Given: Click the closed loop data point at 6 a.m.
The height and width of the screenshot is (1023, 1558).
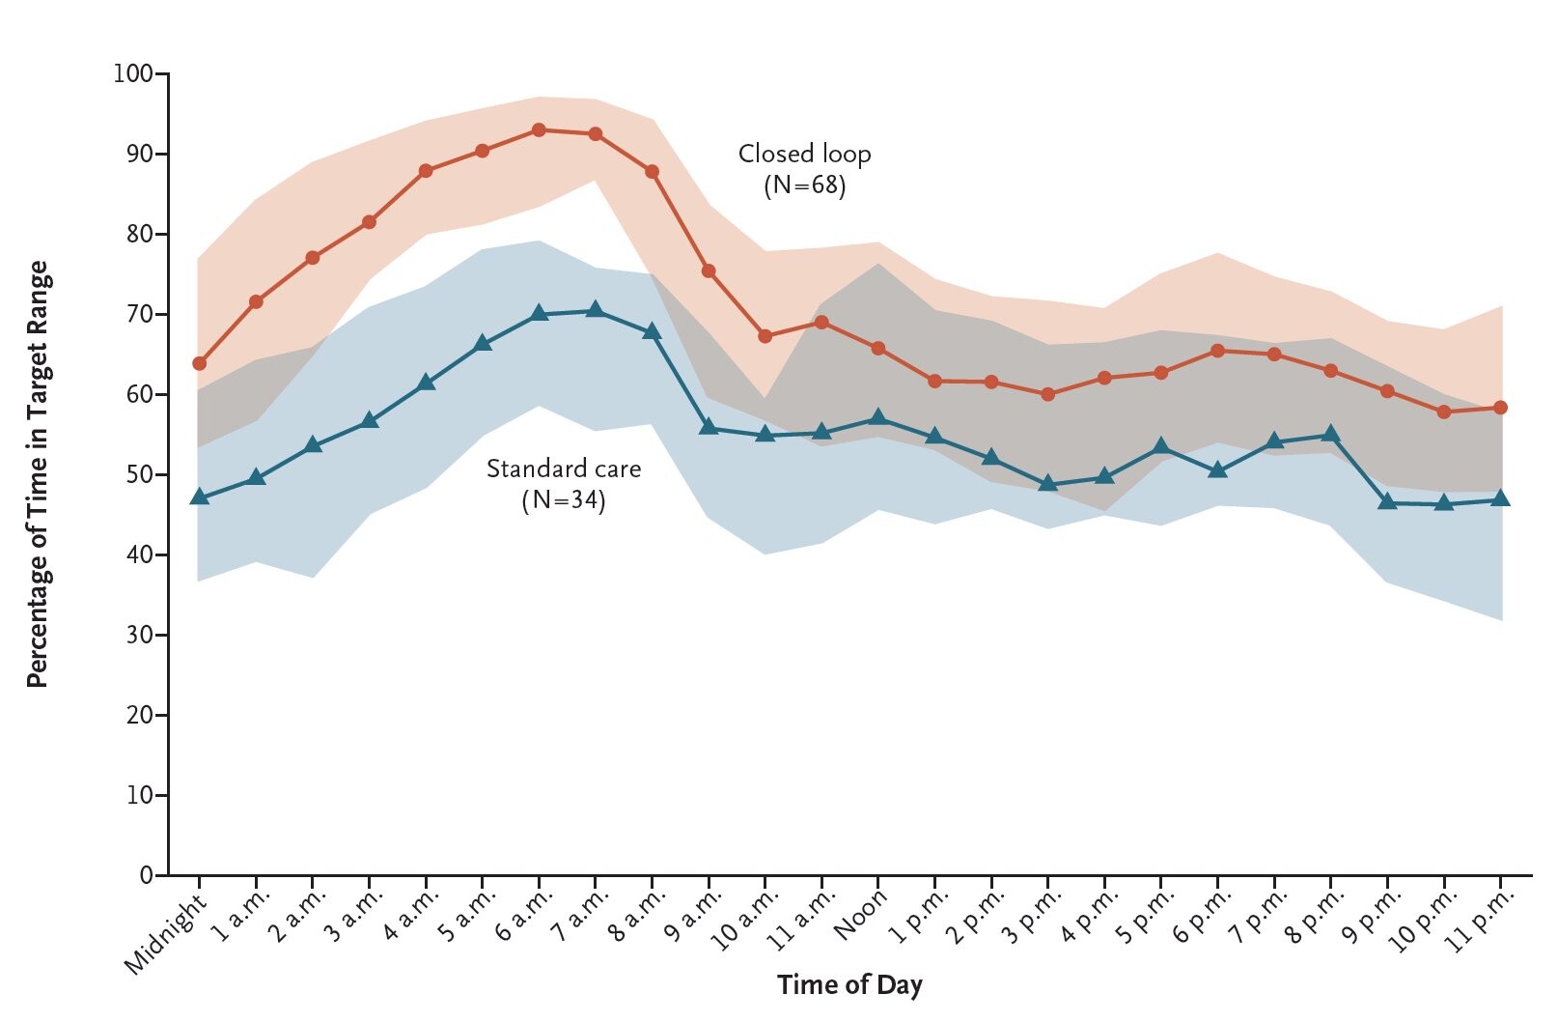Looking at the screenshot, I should coord(539,130).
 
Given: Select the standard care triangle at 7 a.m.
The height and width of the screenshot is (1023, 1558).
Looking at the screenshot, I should coord(595,310).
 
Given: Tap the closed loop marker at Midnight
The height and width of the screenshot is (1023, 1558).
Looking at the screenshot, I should coord(200,363).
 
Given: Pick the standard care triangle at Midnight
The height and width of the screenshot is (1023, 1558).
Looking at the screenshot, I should coord(200,497).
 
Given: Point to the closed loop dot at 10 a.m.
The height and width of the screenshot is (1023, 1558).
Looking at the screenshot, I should coord(765,336).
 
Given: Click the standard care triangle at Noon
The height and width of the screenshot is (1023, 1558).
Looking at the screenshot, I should coord(878,417).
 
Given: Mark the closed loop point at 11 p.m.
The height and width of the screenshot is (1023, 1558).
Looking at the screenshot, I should coord(1500,408).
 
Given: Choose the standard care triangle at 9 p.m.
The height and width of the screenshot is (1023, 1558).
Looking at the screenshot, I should coord(1387,502).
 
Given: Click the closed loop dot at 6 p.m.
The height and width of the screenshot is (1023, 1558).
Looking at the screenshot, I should coord(1217,351).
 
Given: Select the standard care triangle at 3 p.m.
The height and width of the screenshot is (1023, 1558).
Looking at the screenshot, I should coord(1048,484).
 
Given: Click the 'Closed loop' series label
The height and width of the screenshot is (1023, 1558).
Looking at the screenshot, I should coord(805,155).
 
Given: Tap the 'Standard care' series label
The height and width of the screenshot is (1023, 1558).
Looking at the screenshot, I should coord(564,469).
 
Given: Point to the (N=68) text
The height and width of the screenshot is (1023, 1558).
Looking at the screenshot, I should coord(805,185).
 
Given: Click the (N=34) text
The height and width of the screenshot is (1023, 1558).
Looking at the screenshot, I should coord(564,500).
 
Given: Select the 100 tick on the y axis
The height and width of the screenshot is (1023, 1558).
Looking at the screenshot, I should coord(133,73).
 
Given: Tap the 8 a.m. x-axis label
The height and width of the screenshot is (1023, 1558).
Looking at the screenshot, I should coord(637,917).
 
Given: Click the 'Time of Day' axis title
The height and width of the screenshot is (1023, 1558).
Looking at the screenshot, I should coord(849,985).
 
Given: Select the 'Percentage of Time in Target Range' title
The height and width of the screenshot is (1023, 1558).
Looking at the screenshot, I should coord(38,474).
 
